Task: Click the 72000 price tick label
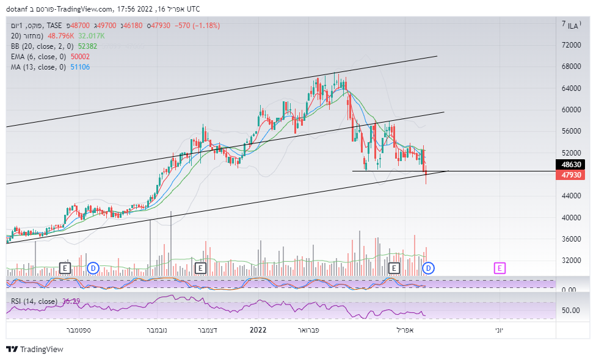(571, 45)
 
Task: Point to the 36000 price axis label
(571, 239)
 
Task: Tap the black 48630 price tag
(571, 165)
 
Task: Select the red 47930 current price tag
(571, 175)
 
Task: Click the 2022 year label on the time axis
(258, 330)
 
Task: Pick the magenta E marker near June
(500, 268)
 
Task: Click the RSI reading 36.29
(71, 301)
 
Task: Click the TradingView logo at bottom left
(35, 350)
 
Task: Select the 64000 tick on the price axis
(571, 88)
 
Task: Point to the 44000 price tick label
(571, 196)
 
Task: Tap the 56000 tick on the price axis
(571, 131)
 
